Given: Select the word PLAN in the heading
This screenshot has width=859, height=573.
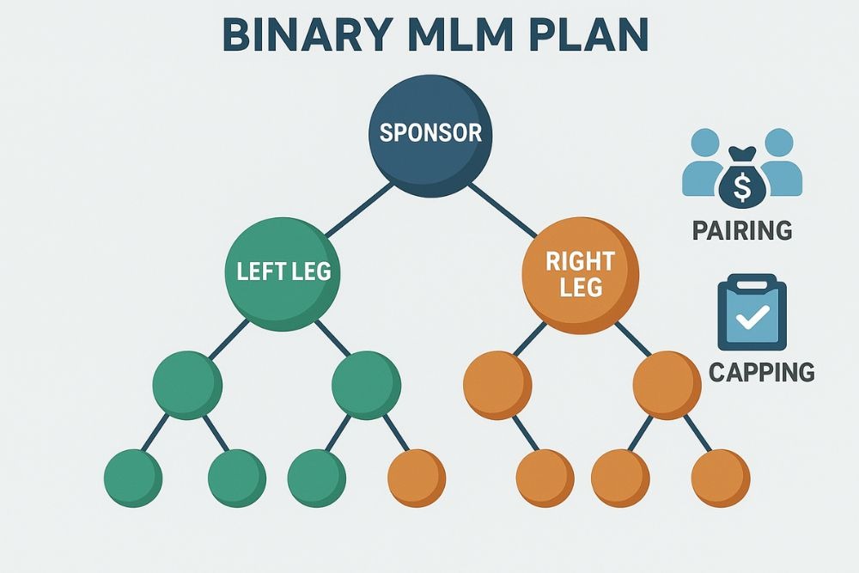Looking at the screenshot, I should [593, 36].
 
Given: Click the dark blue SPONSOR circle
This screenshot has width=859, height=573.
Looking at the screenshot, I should [430, 134].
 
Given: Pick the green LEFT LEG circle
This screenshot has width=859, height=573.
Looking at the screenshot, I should [283, 272].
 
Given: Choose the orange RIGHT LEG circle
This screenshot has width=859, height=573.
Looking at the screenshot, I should [581, 274].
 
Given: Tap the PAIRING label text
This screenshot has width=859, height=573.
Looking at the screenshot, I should [742, 231].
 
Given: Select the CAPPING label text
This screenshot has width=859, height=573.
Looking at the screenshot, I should [761, 372].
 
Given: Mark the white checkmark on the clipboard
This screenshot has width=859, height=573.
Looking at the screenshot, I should [752, 319].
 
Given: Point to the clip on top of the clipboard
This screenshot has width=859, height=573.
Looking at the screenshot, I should [752, 282].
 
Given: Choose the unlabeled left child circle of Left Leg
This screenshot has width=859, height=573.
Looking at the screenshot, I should [187, 385].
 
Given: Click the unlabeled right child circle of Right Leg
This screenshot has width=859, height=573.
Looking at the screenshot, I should [667, 385].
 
